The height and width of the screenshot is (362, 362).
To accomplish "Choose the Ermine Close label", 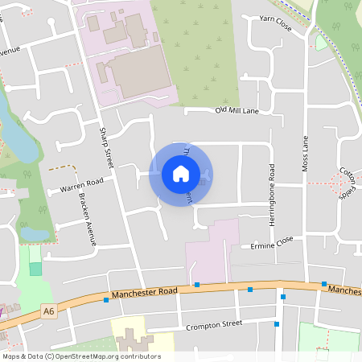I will point(273,243).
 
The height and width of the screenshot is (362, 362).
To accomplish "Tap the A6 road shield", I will point(50,311).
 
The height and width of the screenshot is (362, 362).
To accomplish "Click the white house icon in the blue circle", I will point(180,174).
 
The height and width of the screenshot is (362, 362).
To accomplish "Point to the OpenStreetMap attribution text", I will point(81,356).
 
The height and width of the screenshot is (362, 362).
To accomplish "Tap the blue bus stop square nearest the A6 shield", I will point(105,300).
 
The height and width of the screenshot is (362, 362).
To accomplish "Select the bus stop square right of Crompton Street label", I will point(277,324).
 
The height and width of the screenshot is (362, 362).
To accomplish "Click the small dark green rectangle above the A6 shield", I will point(35,268).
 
